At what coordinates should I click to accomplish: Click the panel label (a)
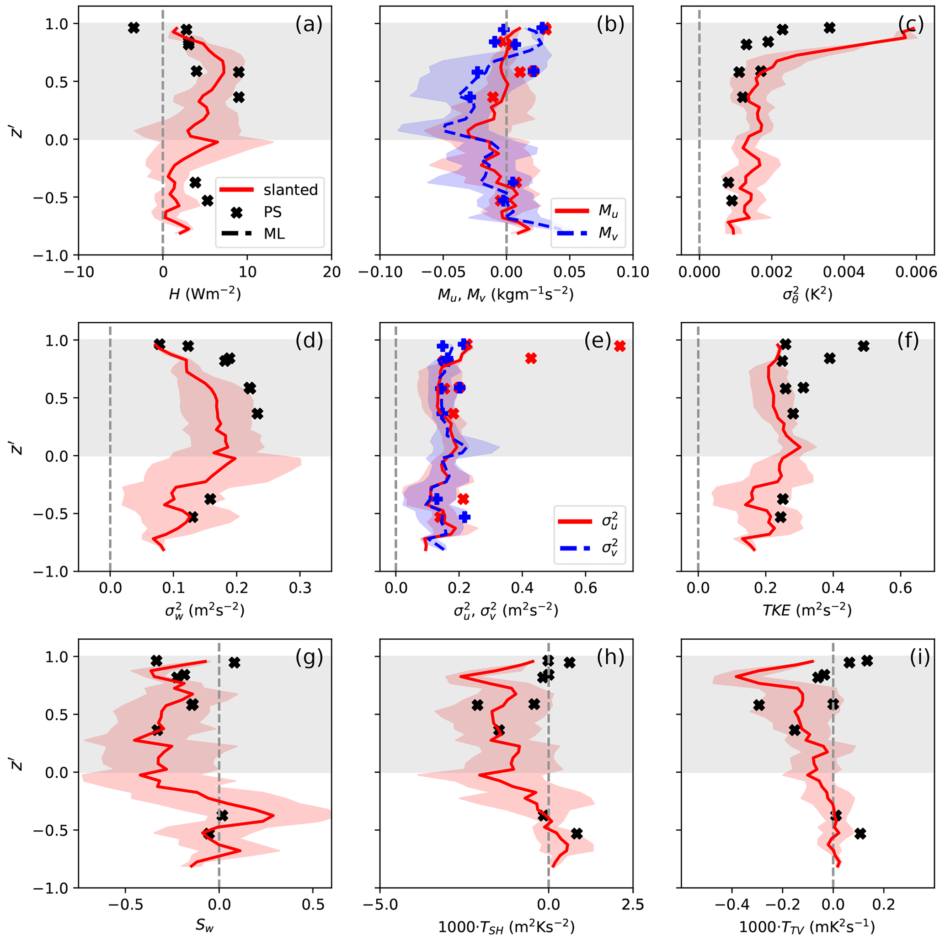click(x=309, y=24)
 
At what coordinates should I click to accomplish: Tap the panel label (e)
click(x=598, y=342)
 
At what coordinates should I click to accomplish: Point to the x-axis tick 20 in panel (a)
click(x=331, y=272)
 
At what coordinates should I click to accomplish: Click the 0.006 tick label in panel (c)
click(x=916, y=272)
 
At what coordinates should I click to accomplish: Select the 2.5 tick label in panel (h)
click(x=633, y=905)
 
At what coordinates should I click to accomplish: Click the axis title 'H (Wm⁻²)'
click(x=204, y=294)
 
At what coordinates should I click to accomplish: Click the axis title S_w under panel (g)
click(x=204, y=926)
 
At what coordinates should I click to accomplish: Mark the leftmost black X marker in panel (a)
click(x=133, y=28)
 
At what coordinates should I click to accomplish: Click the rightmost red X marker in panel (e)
click(x=620, y=346)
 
